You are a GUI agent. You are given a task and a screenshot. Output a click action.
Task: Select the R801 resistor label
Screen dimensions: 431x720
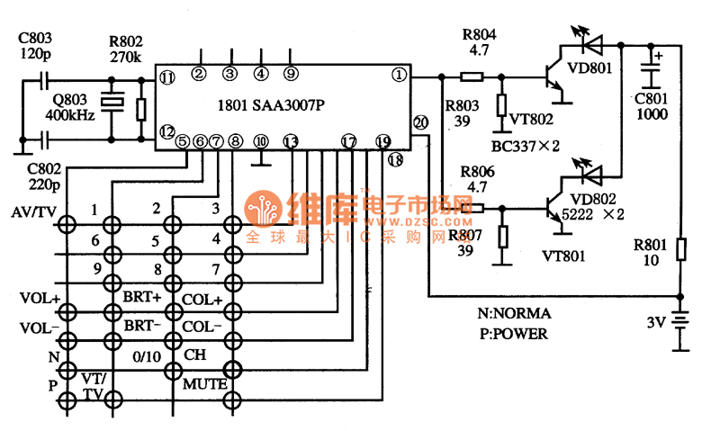[x=651, y=244]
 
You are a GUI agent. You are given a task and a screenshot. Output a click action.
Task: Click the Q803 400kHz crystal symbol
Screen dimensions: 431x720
[x=111, y=103]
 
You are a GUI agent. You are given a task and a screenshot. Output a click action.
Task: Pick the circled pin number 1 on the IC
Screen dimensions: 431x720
[x=397, y=75]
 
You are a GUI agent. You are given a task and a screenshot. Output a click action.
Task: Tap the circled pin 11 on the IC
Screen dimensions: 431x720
[x=166, y=78]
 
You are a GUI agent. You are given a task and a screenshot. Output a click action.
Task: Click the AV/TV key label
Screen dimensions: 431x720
[x=31, y=213]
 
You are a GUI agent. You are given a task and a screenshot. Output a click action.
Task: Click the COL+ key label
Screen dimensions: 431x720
[x=202, y=298]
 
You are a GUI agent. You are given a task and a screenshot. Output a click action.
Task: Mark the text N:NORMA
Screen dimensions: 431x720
[x=514, y=314]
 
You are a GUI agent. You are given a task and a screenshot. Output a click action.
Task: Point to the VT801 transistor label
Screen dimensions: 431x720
[x=563, y=256]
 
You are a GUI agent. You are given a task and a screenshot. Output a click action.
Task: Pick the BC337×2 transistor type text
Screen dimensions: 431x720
[x=527, y=146]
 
